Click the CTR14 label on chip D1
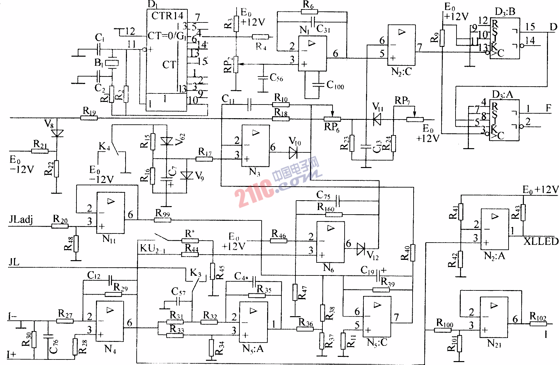click(x=167, y=16)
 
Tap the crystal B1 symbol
click(x=112, y=63)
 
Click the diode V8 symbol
click(x=57, y=133)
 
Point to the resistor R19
click(x=89, y=118)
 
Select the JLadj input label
click(x=21, y=219)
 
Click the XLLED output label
click(x=541, y=241)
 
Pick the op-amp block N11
click(x=110, y=213)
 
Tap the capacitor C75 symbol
click(x=338, y=201)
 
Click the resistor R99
click(x=162, y=220)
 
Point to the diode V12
click(x=361, y=249)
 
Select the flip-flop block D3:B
click(x=505, y=38)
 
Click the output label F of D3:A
click(x=549, y=108)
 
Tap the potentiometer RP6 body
click(x=332, y=119)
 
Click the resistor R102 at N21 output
click(x=538, y=324)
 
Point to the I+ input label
click(x=11, y=354)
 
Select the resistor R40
click(x=413, y=253)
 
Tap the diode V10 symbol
click(x=293, y=152)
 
